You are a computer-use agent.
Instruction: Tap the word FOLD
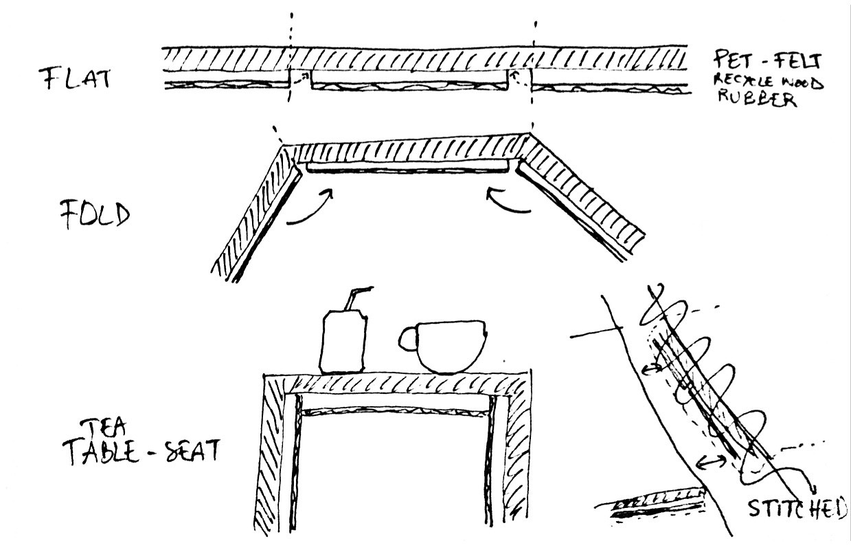(93, 215)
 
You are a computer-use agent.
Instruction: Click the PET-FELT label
(766, 60)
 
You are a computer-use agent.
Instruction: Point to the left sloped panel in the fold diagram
(258, 213)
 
